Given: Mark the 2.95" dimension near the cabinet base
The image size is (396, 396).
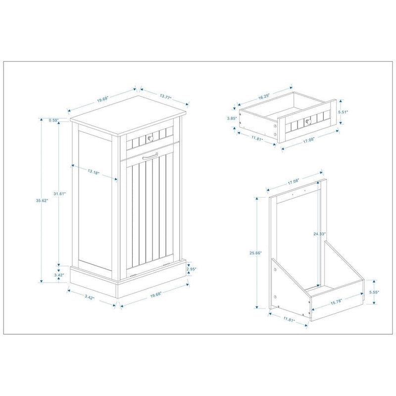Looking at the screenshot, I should click(x=192, y=269).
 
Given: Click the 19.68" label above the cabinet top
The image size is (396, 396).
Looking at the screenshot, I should click(x=103, y=100).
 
